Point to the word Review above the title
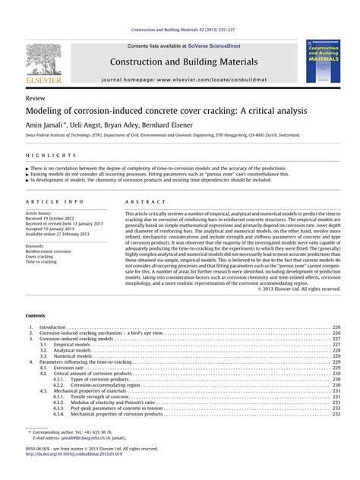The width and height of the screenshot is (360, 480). point(33,99)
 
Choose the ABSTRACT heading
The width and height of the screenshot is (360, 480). point(142,202)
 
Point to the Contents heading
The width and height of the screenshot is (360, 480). point(35,314)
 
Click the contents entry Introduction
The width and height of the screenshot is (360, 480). point(52,327)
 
